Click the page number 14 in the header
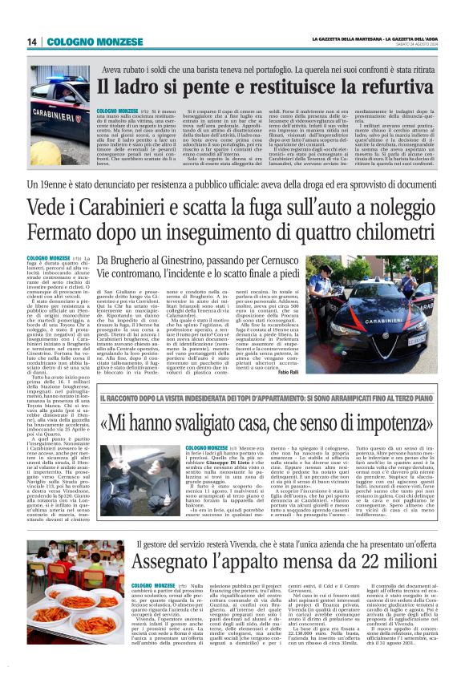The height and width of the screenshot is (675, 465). click(x=32, y=42)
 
